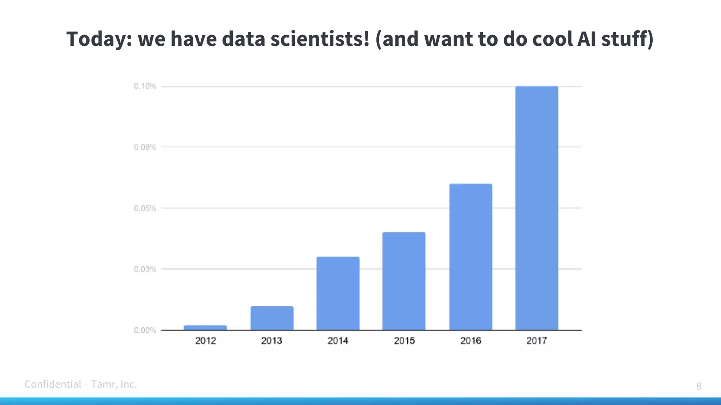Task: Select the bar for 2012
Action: click(205, 328)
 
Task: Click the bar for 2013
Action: click(272, 318)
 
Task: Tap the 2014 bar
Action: click(338, 294)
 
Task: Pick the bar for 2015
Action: click(404, 281)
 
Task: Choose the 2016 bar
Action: click(471, 257)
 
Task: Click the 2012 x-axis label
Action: click(206, 340)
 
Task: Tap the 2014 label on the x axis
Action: click(338, 340)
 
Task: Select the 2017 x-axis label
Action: click(537, 340)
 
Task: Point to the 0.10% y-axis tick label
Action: click(145, 86)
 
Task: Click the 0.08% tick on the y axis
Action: click(145, 147)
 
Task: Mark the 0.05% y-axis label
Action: click(145, 208)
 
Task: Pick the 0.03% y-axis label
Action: click(145, 269)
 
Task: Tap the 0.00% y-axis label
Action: click(145, 330)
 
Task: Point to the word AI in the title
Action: click(586, 39)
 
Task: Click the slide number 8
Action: click(699, 386)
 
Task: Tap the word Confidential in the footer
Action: click(53, 384)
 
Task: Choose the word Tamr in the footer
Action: click(102, 384)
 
